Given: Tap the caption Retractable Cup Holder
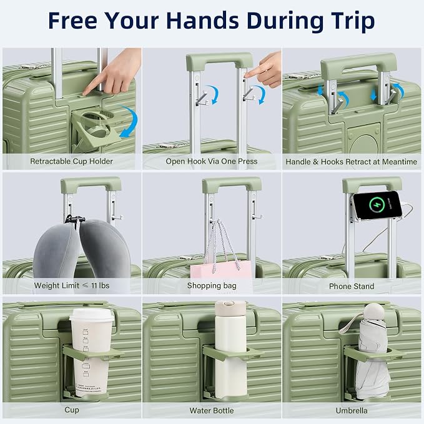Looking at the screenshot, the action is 71,162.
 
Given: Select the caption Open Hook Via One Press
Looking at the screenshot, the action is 212,162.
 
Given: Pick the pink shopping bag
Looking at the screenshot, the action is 221,270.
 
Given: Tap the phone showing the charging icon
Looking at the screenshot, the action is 377,205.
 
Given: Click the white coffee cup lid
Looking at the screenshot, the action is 92,315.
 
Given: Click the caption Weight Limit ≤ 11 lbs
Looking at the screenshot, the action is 72,285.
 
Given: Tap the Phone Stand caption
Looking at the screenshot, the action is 352,287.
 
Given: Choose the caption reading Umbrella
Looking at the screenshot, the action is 352,410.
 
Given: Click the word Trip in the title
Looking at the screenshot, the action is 352,21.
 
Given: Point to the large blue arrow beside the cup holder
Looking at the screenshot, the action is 130,121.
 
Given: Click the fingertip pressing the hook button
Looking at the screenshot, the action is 246,75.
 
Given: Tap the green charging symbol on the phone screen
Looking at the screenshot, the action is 377,205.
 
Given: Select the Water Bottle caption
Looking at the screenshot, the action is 212,410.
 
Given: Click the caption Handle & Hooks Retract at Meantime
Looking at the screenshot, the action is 352,162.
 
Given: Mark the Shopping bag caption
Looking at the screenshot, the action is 212,286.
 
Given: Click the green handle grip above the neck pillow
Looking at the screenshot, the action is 91,184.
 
